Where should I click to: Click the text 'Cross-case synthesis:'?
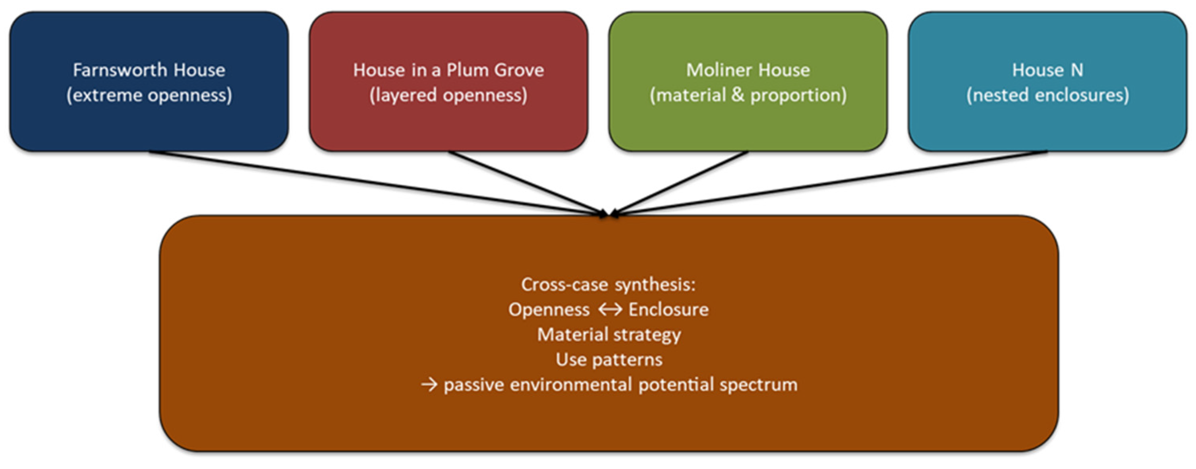coord(609,284)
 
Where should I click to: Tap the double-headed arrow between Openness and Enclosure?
coord(610,309)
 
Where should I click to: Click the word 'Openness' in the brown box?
coord(549,309)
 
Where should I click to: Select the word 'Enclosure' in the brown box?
coord(669,309)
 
